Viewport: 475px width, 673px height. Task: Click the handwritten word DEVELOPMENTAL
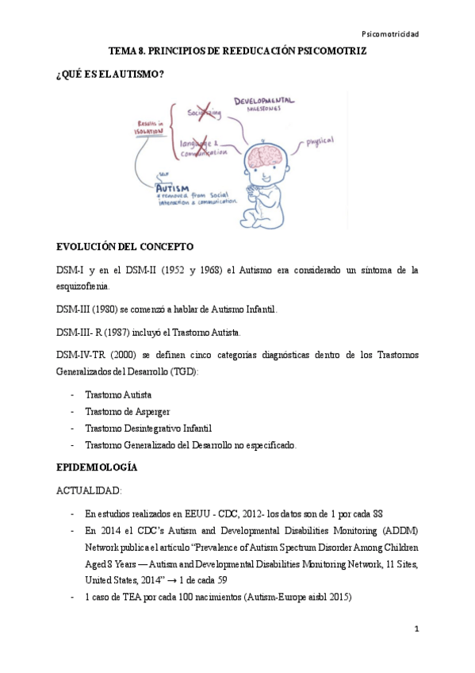coord(264,102)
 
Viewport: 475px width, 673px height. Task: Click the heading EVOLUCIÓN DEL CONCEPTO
coord(124,247)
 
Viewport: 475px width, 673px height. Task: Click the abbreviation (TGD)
coord(184,371)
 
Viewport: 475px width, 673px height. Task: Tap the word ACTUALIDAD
coord(89,491)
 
